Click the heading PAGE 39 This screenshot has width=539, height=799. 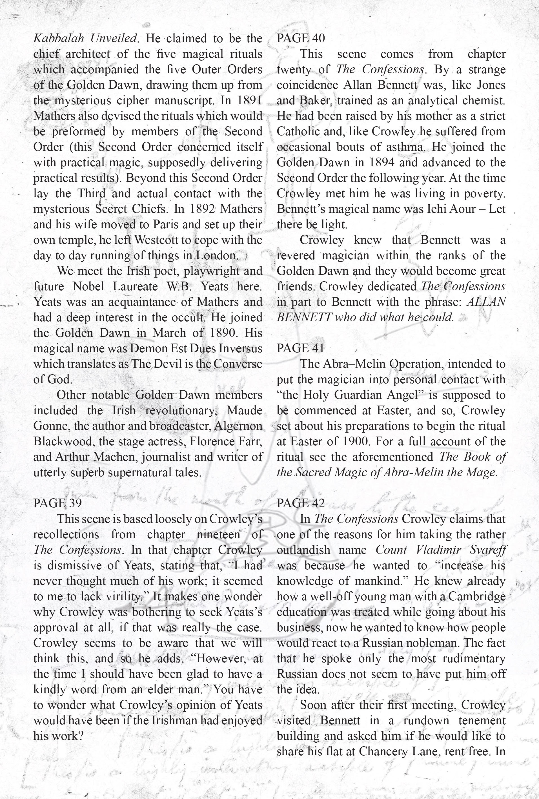pos(57,503)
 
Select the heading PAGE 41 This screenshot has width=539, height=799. pos(300,348)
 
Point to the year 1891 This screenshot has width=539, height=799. pos(249,100)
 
